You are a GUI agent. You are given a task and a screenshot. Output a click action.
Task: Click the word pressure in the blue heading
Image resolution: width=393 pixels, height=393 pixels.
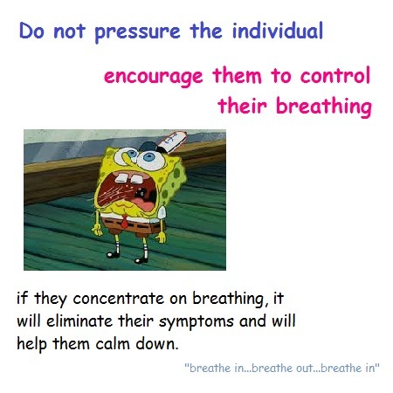(137, 32)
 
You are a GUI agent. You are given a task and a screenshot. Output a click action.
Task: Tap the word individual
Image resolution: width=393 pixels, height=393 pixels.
(278, 30)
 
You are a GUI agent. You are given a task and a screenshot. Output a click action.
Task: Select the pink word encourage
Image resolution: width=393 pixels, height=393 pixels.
(153, 77)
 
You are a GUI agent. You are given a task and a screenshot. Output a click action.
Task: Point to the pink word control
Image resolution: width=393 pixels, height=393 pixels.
(335, 75)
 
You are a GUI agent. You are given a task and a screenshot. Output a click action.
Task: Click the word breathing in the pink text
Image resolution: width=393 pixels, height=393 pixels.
(324, 106)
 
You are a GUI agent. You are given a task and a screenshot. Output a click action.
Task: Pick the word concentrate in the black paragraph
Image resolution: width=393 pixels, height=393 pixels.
(119, 299)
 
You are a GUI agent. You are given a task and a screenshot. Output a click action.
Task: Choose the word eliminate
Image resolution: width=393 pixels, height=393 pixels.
(79, 321)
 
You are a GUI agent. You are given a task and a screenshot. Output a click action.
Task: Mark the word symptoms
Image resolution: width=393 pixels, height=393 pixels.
(196, 322)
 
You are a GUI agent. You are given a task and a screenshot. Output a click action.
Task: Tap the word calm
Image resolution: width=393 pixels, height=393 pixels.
(113, 344)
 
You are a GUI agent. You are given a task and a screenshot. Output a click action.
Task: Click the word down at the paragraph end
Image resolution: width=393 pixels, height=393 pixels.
(156, 344)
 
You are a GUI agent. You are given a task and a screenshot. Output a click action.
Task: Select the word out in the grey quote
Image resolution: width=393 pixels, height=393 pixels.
(304, 369)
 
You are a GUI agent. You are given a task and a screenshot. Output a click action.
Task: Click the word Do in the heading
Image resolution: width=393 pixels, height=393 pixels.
(31, 31)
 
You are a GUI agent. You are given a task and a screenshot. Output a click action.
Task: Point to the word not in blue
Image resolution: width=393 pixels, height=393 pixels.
(69, 31)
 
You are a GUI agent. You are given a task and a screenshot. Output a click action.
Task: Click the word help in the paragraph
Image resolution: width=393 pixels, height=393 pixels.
(31, 344)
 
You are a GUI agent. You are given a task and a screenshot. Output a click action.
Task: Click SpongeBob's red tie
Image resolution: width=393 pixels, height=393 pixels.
(124, 221)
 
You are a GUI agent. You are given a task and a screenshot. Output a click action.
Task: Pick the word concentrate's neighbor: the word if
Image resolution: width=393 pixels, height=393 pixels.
(22, 299)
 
